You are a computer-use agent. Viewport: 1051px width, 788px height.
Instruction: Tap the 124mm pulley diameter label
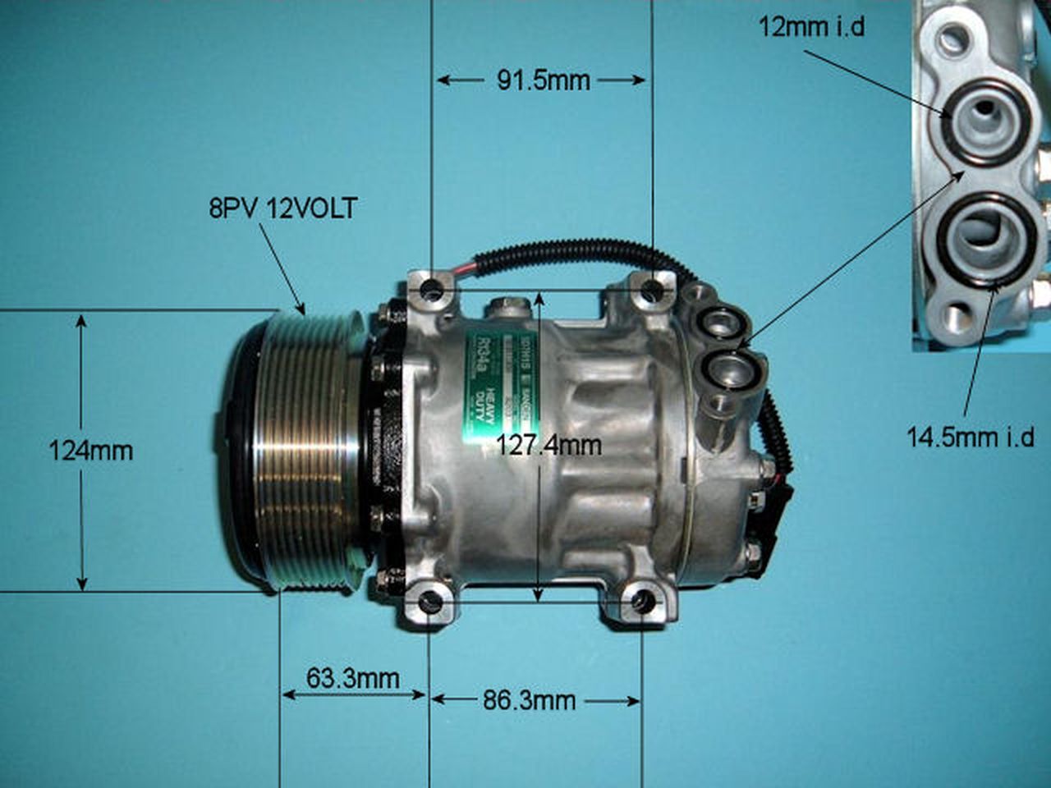pyautogui.click(x=91, y=450)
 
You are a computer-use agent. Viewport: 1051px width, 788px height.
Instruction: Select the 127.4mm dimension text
pyautogui.click(x=549, y=445)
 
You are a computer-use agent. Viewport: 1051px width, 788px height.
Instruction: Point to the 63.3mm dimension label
pyautogui.click(x=353, y=679)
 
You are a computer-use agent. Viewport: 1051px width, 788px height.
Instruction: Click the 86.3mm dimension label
pyautogui.click(x=529, y=700)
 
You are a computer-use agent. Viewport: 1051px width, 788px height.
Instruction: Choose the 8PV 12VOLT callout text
pyautogui.click(x=282, y=208)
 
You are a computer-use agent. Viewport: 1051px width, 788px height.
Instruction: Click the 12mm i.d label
pyautogui.click(x=811, y=28)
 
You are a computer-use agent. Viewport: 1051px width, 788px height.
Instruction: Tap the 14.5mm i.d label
pyautogui.click(x=970, y=437)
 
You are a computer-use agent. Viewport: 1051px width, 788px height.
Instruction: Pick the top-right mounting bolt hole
pyautogui.click(x=650, y=286)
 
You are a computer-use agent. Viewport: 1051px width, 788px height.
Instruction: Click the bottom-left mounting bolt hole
pyautogui.click(x=427, y=601)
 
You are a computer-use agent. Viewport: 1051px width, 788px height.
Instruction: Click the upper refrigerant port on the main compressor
pyautogui.click(x=723, y=323)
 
